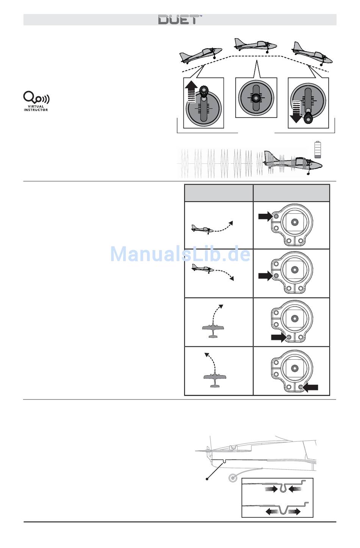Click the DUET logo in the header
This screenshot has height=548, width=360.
(180, 20)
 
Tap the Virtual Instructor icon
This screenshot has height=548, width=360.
(36, 101)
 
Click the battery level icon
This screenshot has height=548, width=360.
(318, 149)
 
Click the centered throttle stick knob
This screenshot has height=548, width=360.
(256, 97)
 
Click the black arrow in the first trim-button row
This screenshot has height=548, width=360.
(265, 216)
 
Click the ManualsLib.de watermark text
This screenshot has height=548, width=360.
(180, 254)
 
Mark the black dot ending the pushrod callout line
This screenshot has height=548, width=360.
(207, 479)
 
